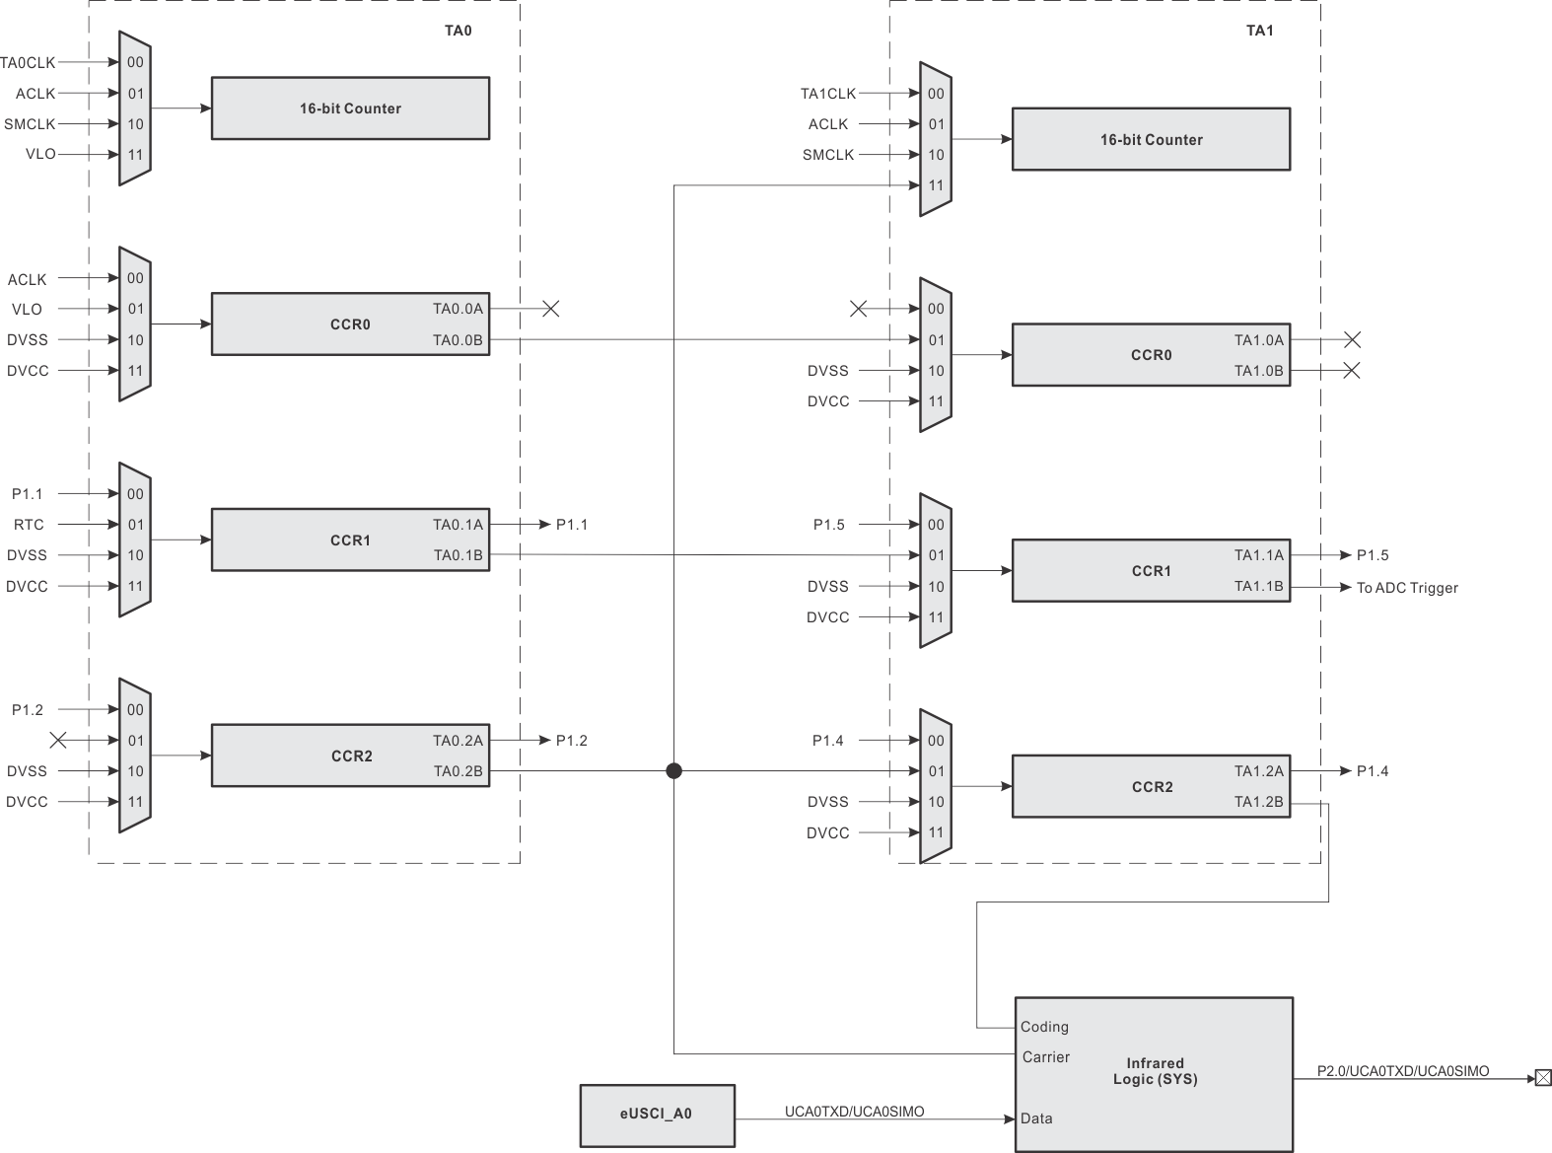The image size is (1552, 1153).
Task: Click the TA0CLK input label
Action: pyautogui.click(x=28, y=62)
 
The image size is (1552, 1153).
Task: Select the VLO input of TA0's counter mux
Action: pyautogui.click(x=40, y=155)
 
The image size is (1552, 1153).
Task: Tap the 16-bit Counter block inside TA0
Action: pyautogui.click(x=350, y=108)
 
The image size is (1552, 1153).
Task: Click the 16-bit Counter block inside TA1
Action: pyautogui.click(x=1151, y=140)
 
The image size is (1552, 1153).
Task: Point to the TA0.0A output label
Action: pyautogui.click(x=458, y=309)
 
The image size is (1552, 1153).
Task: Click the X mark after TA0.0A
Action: pyautogui.click(x=551, y=309)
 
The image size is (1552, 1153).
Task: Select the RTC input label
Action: pyautogui.click(x=29, y=525)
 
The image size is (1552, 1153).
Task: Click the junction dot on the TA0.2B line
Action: pyautogui.click(x=673, y=771)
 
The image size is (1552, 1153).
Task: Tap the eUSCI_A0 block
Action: pyautogui.click(x=657, y=1115)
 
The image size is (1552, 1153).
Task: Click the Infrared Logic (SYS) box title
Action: pyautogui.click(x=1155, y=1071)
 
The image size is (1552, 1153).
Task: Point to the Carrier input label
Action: pyautogui.click(x=1046, y=1057)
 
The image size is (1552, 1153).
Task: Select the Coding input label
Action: pyautogui.click(x=1044, y=1027)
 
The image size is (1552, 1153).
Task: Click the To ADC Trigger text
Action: pyautogui.click(x=1407, y=588)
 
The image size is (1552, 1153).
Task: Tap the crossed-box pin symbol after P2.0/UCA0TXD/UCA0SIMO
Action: pyautogui.click(x=1543, y=1078)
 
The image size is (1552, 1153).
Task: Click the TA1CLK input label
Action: pyautogui.click(x=828, y=94)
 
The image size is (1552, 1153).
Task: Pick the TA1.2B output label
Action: pyautogui.click(x=1258, y=802)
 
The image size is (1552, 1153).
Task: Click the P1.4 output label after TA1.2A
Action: pyautogui.click(x=1373, y=771)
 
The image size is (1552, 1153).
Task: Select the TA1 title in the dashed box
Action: pyautogui.click(x=1259, y=31)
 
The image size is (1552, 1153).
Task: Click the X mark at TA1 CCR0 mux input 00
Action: pyautogui.click(x=859, y=309)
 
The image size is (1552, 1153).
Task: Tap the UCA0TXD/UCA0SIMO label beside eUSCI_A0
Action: pyautogui.click(x=854, y=1112)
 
